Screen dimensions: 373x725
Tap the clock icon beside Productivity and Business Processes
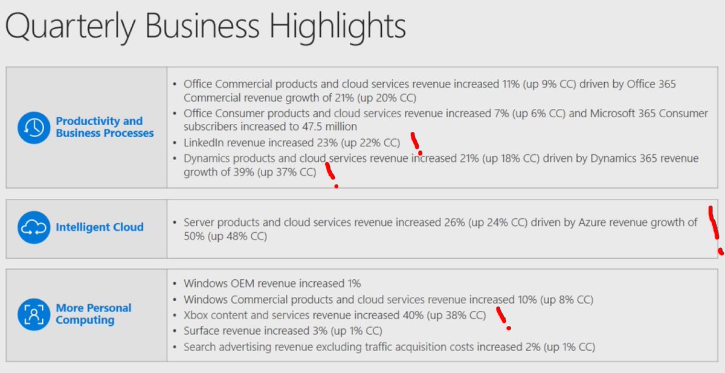[x=34, y=127]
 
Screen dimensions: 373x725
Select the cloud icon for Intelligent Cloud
[x=34, y=227]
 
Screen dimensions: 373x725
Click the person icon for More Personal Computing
[x=34, y=314]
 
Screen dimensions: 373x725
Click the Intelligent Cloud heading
[x=100, y=227]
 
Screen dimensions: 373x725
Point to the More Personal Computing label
[x=94, y=314]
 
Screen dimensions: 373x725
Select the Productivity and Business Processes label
[x=105, y=127]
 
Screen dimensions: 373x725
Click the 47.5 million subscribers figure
[x=324, y=127]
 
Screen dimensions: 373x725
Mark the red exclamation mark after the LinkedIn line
[x=416, y=143]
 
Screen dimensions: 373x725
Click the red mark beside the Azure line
[x=715, y=229]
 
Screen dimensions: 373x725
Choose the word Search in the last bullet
[x=199, y=347]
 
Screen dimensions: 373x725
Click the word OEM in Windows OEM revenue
[x=242, y=283]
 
